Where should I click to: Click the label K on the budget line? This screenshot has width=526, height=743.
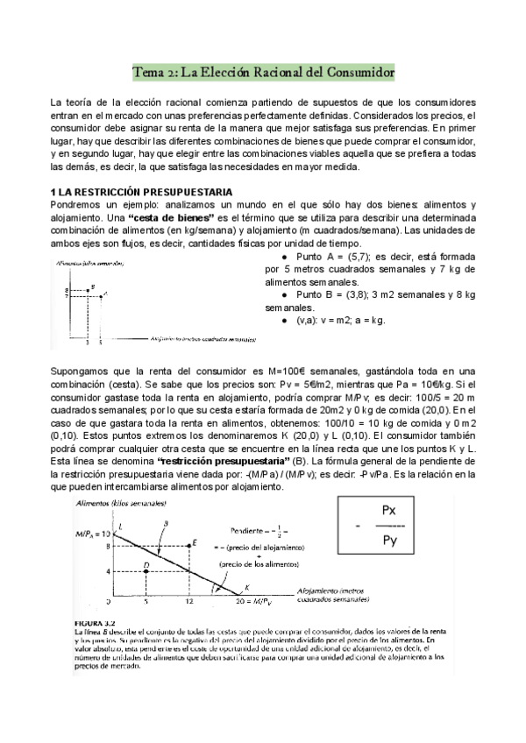tap(246, 587)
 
